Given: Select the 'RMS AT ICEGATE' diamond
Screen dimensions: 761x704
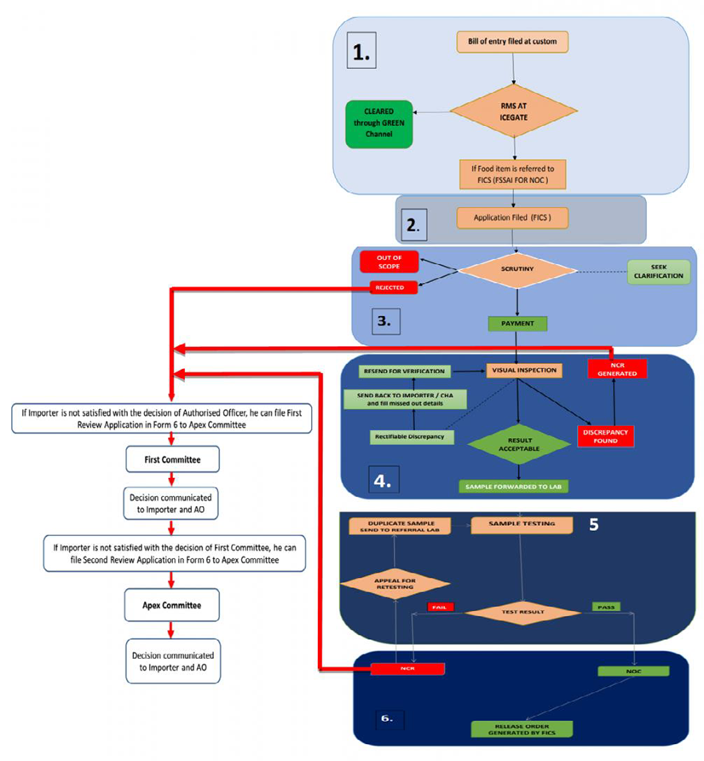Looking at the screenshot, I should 514,110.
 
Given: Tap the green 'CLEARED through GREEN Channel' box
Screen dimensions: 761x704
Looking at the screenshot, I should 378,124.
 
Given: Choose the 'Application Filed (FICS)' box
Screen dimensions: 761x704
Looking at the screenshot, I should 512,217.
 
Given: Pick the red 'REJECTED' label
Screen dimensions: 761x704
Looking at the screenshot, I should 393,288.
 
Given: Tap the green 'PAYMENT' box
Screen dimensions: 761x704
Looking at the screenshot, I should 517,324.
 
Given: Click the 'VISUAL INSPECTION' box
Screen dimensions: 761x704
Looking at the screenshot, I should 522,371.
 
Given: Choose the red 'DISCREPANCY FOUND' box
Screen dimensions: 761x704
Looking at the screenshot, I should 608,435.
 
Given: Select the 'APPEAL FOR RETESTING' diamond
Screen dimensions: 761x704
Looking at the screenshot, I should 395,583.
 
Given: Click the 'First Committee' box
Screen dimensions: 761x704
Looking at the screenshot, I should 173,460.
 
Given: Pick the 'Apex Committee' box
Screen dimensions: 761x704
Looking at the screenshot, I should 173,606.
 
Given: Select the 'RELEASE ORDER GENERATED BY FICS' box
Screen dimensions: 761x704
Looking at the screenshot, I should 521,729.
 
